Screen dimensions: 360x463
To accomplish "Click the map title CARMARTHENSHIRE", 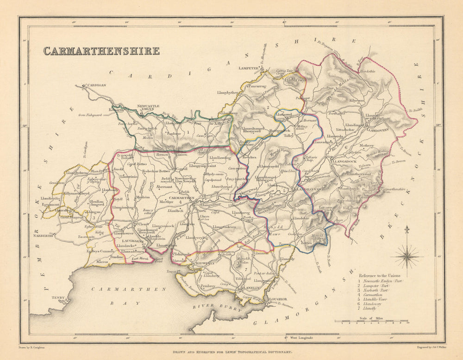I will (101, 51).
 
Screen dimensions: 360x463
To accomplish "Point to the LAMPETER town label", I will (248, 68).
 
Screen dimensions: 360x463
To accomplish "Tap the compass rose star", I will (407, 256).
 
